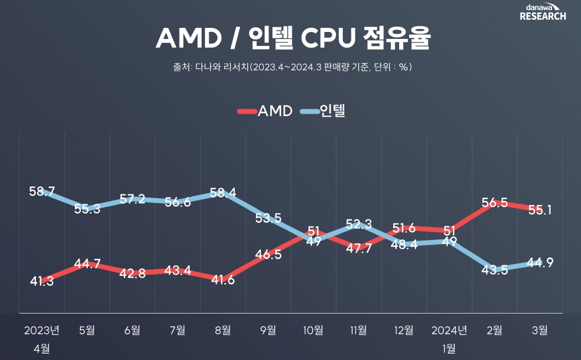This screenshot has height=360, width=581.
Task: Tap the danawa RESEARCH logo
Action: coord(543,12)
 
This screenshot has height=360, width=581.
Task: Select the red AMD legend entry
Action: coord(265,111)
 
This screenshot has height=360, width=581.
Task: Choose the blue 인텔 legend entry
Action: coord(323,111)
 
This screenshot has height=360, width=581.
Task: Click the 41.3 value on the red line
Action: coord(42,282)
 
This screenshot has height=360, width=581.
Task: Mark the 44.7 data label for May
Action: coord(88,264)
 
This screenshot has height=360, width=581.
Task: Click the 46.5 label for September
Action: coord(268,254)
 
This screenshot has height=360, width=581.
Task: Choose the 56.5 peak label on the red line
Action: coord(495,203)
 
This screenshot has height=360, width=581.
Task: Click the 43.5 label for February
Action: coord(495,270)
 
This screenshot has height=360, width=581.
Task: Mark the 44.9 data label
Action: coord(540,262)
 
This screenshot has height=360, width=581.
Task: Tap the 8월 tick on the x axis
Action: coord(223,330)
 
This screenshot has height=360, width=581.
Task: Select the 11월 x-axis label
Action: coord(358,330)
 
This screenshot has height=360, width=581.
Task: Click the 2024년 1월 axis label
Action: coord(449,339)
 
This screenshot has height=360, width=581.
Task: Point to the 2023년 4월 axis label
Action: coord(42,339)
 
